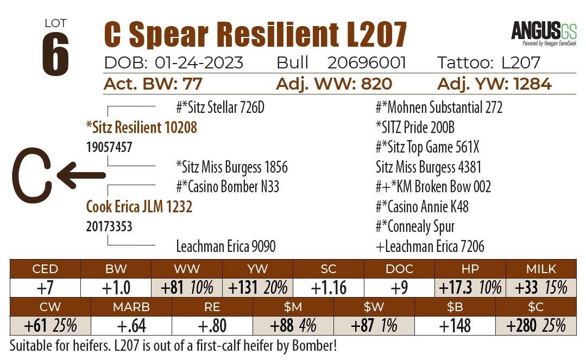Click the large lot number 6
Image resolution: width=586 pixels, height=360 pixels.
point(55,54)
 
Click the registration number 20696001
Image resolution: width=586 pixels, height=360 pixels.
point(367,63)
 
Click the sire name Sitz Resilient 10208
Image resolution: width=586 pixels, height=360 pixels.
point(141,127)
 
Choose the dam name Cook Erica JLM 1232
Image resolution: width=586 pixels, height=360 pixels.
point(139,207)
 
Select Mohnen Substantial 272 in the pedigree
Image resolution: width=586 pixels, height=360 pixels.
point(439,107)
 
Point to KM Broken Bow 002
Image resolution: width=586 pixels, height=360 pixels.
point(433,187)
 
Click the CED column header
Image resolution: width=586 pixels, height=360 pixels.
point(45,269)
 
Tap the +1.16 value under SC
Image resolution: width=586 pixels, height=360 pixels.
point(328,287)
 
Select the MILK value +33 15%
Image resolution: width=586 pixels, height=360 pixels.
point(541,287)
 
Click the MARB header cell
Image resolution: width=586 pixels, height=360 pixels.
point(131,307)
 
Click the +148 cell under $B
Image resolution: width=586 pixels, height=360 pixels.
point(455,326)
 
